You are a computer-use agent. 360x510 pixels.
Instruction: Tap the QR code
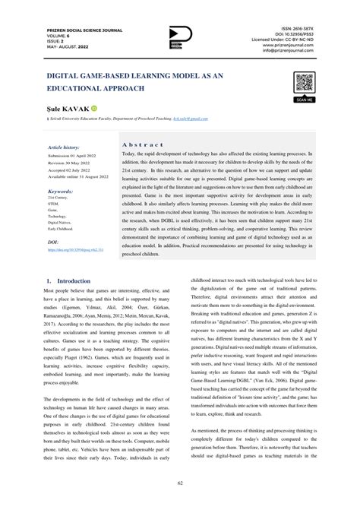[305, 82]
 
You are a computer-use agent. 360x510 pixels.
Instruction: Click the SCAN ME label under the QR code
[305, 99]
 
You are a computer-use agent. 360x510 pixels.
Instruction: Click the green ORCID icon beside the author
[95, 109]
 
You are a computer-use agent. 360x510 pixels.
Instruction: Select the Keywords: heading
[61, 192]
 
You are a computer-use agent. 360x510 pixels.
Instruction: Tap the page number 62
[180, 481]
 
